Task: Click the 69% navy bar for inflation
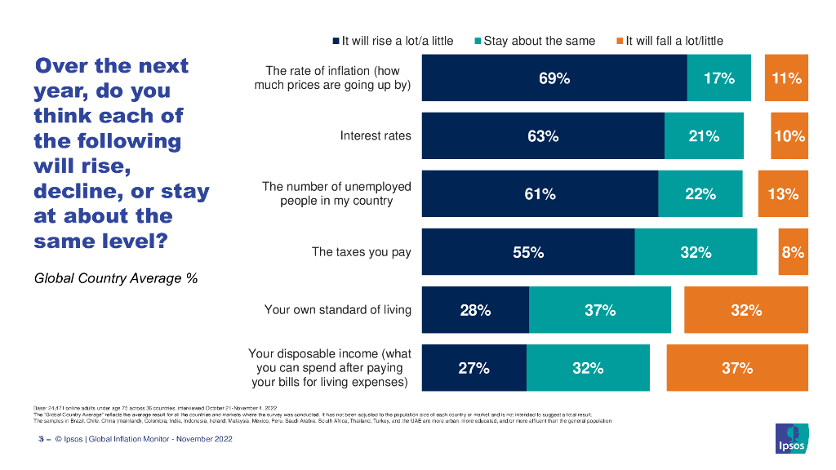pyautogui.click(x=554, y=78)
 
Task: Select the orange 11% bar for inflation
pyautogui.click(x=786, y=78)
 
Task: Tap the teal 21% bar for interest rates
pyautogui.click(x=704, y=136)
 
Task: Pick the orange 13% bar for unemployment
pyautogui.click(x=782, y=194)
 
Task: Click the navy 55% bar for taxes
pyautogui.click(x=528, y=252)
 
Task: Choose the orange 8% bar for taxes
pyautogui.click(x=793, y=252)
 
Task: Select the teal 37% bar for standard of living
pyautogui.click(x=600, y=310)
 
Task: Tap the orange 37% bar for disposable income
pyautogui.click(x=737, y=368)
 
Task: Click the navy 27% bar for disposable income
pyautogui.click(x=474, y=368)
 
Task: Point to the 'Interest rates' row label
pyautogui.click(x=376, y=136)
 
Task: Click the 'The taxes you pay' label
pyautogui.click(x=362, y=252)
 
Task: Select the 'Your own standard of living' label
pyautogui.click(x=338, y=310)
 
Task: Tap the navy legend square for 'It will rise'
pyautogui.click(x=336, y=41)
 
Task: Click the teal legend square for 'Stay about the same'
pyautogui.click(x=478, y=41)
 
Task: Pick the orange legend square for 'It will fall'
pyautogui.click(x=620, y=41)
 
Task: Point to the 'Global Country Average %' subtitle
pyautogui.click(x=116, y=279)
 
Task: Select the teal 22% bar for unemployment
pyautogui.click(x=700, y=194)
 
